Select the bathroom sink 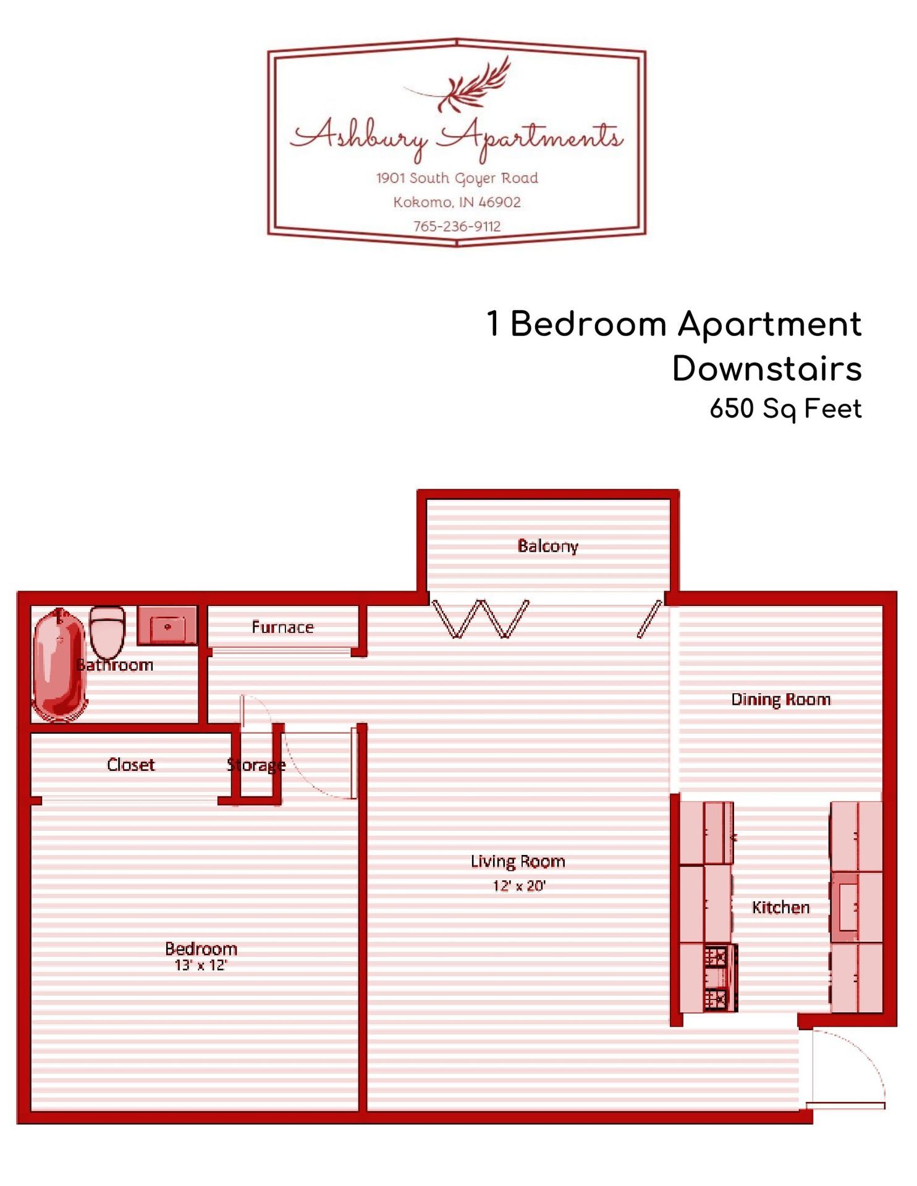pos(167,625)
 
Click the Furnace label pos(282,628)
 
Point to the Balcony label pos(547,546)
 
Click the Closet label pos(130,765)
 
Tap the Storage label pos(256,765)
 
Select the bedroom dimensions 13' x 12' pos(201,965)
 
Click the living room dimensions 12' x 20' pos(518,886)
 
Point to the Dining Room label pos(780,699)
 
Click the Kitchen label pos(780,907)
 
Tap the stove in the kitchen pos(717,978)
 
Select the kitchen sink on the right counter pos(846,907)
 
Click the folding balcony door pos(481,618)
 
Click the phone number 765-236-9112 pos(457,226)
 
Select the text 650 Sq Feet pos(785,409)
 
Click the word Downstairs pos(766,369)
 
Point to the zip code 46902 pos(499,202)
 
